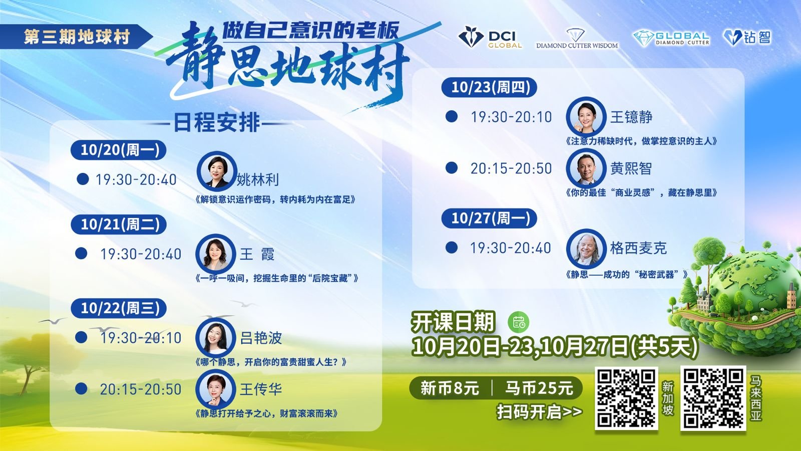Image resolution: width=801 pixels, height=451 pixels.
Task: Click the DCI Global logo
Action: [490, 37]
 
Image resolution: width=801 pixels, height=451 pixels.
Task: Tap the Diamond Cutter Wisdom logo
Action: [577, 39]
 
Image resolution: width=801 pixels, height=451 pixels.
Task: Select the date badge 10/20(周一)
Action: [119, 150]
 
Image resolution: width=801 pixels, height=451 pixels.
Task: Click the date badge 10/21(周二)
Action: [119, 224]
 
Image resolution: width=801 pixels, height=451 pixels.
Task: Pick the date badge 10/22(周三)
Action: [119, 308]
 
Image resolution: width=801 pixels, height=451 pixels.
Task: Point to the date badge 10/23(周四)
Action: [489, 87]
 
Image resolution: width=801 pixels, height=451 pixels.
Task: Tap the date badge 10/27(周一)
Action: [489, 218]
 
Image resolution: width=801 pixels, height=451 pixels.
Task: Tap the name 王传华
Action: [261, 389]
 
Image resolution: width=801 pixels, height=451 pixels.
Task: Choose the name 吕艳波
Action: [261, 338]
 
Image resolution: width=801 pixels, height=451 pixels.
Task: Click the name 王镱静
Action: [631, 117]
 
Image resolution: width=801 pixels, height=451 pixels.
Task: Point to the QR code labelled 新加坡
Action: [626, 398]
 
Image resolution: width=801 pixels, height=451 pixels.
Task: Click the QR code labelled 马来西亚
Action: [713, 398]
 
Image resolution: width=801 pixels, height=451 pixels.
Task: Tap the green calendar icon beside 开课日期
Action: [519, 322]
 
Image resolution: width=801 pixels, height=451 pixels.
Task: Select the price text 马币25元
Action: [539, 388]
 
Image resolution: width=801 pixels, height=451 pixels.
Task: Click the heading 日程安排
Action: [217, 123]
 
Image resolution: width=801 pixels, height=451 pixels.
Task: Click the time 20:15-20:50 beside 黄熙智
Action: [511, 168]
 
